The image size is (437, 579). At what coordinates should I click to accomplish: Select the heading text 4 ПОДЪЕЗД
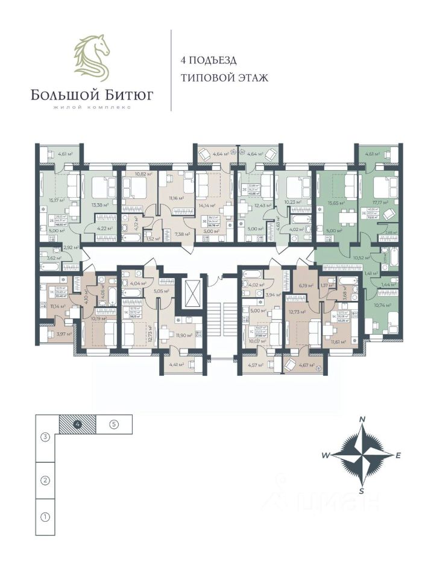click(x=209, y=60)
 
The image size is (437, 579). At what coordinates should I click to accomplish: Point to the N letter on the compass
click(x=362, y=419)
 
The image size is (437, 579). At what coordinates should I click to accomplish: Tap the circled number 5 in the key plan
click(x=114, y=423)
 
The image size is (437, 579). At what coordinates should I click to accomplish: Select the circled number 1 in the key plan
click(x=45, y=517)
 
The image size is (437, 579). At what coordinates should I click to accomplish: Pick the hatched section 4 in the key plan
click(x=78, y=424)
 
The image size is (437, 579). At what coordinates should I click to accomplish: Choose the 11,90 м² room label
click(x=183, y=335)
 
